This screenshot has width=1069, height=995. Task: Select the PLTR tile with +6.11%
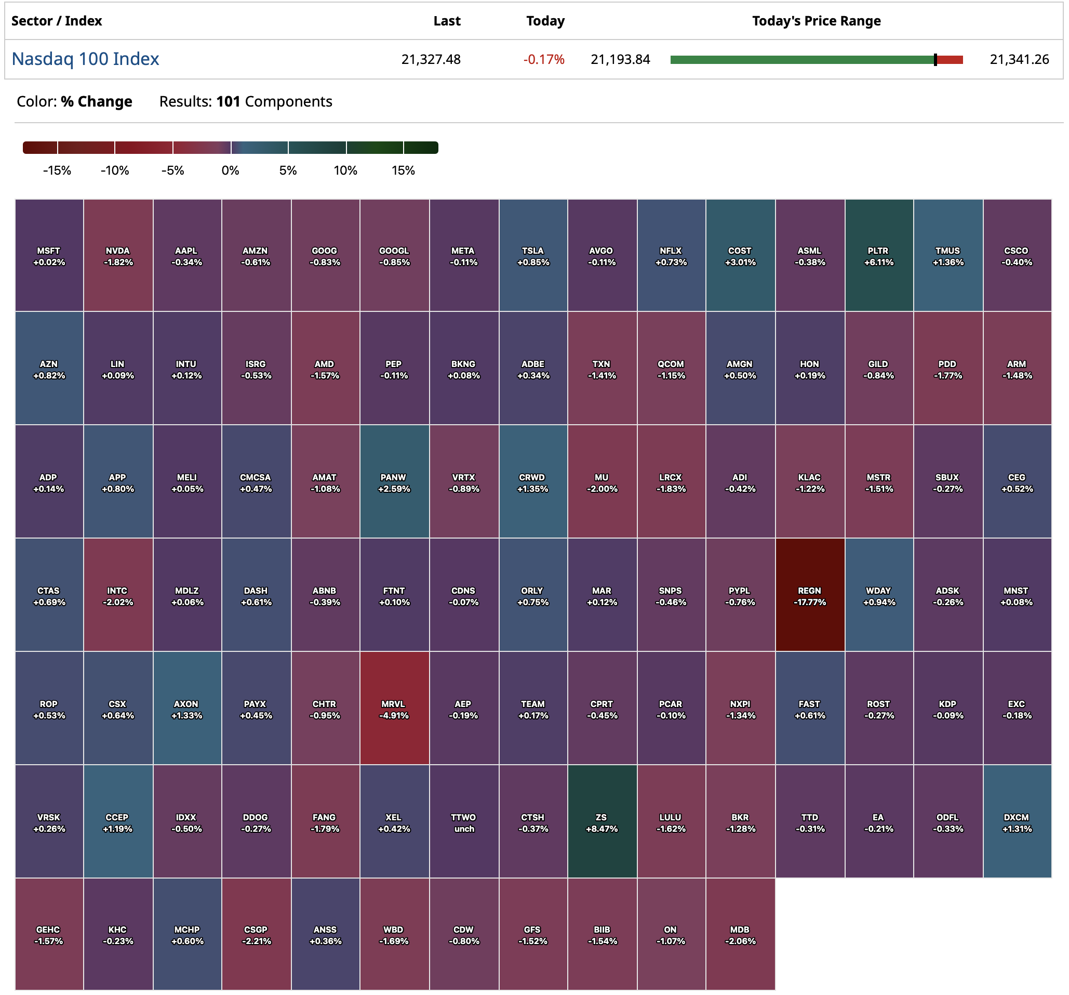tap(879, 256)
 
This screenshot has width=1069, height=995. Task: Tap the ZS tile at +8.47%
tap(602, 822)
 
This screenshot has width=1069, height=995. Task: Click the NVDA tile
tap(118, 256)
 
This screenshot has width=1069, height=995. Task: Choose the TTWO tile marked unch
tap(463, 822)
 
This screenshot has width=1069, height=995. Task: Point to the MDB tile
tap(740, 934)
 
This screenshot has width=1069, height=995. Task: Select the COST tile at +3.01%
tap(740, 256)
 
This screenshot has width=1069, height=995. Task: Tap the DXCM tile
tap(1017, 822)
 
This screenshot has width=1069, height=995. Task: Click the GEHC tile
tap(48, 934)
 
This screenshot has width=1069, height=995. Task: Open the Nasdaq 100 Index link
tap(86, 59)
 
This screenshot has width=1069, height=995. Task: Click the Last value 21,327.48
tap(431, 59)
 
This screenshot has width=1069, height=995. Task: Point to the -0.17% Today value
tap(544, 59)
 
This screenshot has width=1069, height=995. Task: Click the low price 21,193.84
tap(620, 59)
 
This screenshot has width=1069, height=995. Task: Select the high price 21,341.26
tap(1019, 59)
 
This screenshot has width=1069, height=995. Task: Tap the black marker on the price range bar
tap(935, 60)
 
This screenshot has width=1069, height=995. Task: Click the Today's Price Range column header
tap(816, 21)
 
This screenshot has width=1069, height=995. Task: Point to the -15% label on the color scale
tap(57, 171)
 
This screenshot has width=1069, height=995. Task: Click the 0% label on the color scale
tap(230, 171)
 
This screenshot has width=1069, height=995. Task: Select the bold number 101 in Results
tap(228, 102)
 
